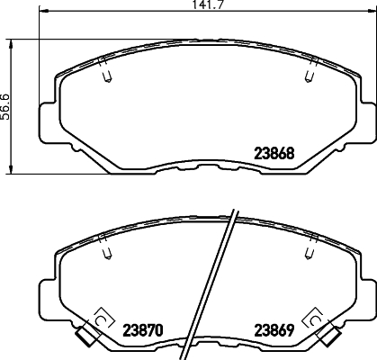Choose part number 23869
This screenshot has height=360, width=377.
pyautogui.click(x=274, y=328)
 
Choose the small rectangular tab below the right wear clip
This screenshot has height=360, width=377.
pyautogui.click(x=329, y=337)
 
